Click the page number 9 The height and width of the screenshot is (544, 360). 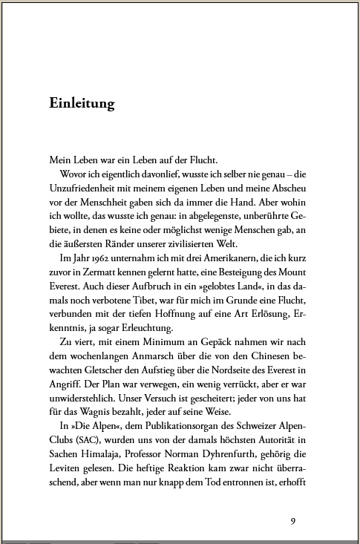[x=293, y=520]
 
